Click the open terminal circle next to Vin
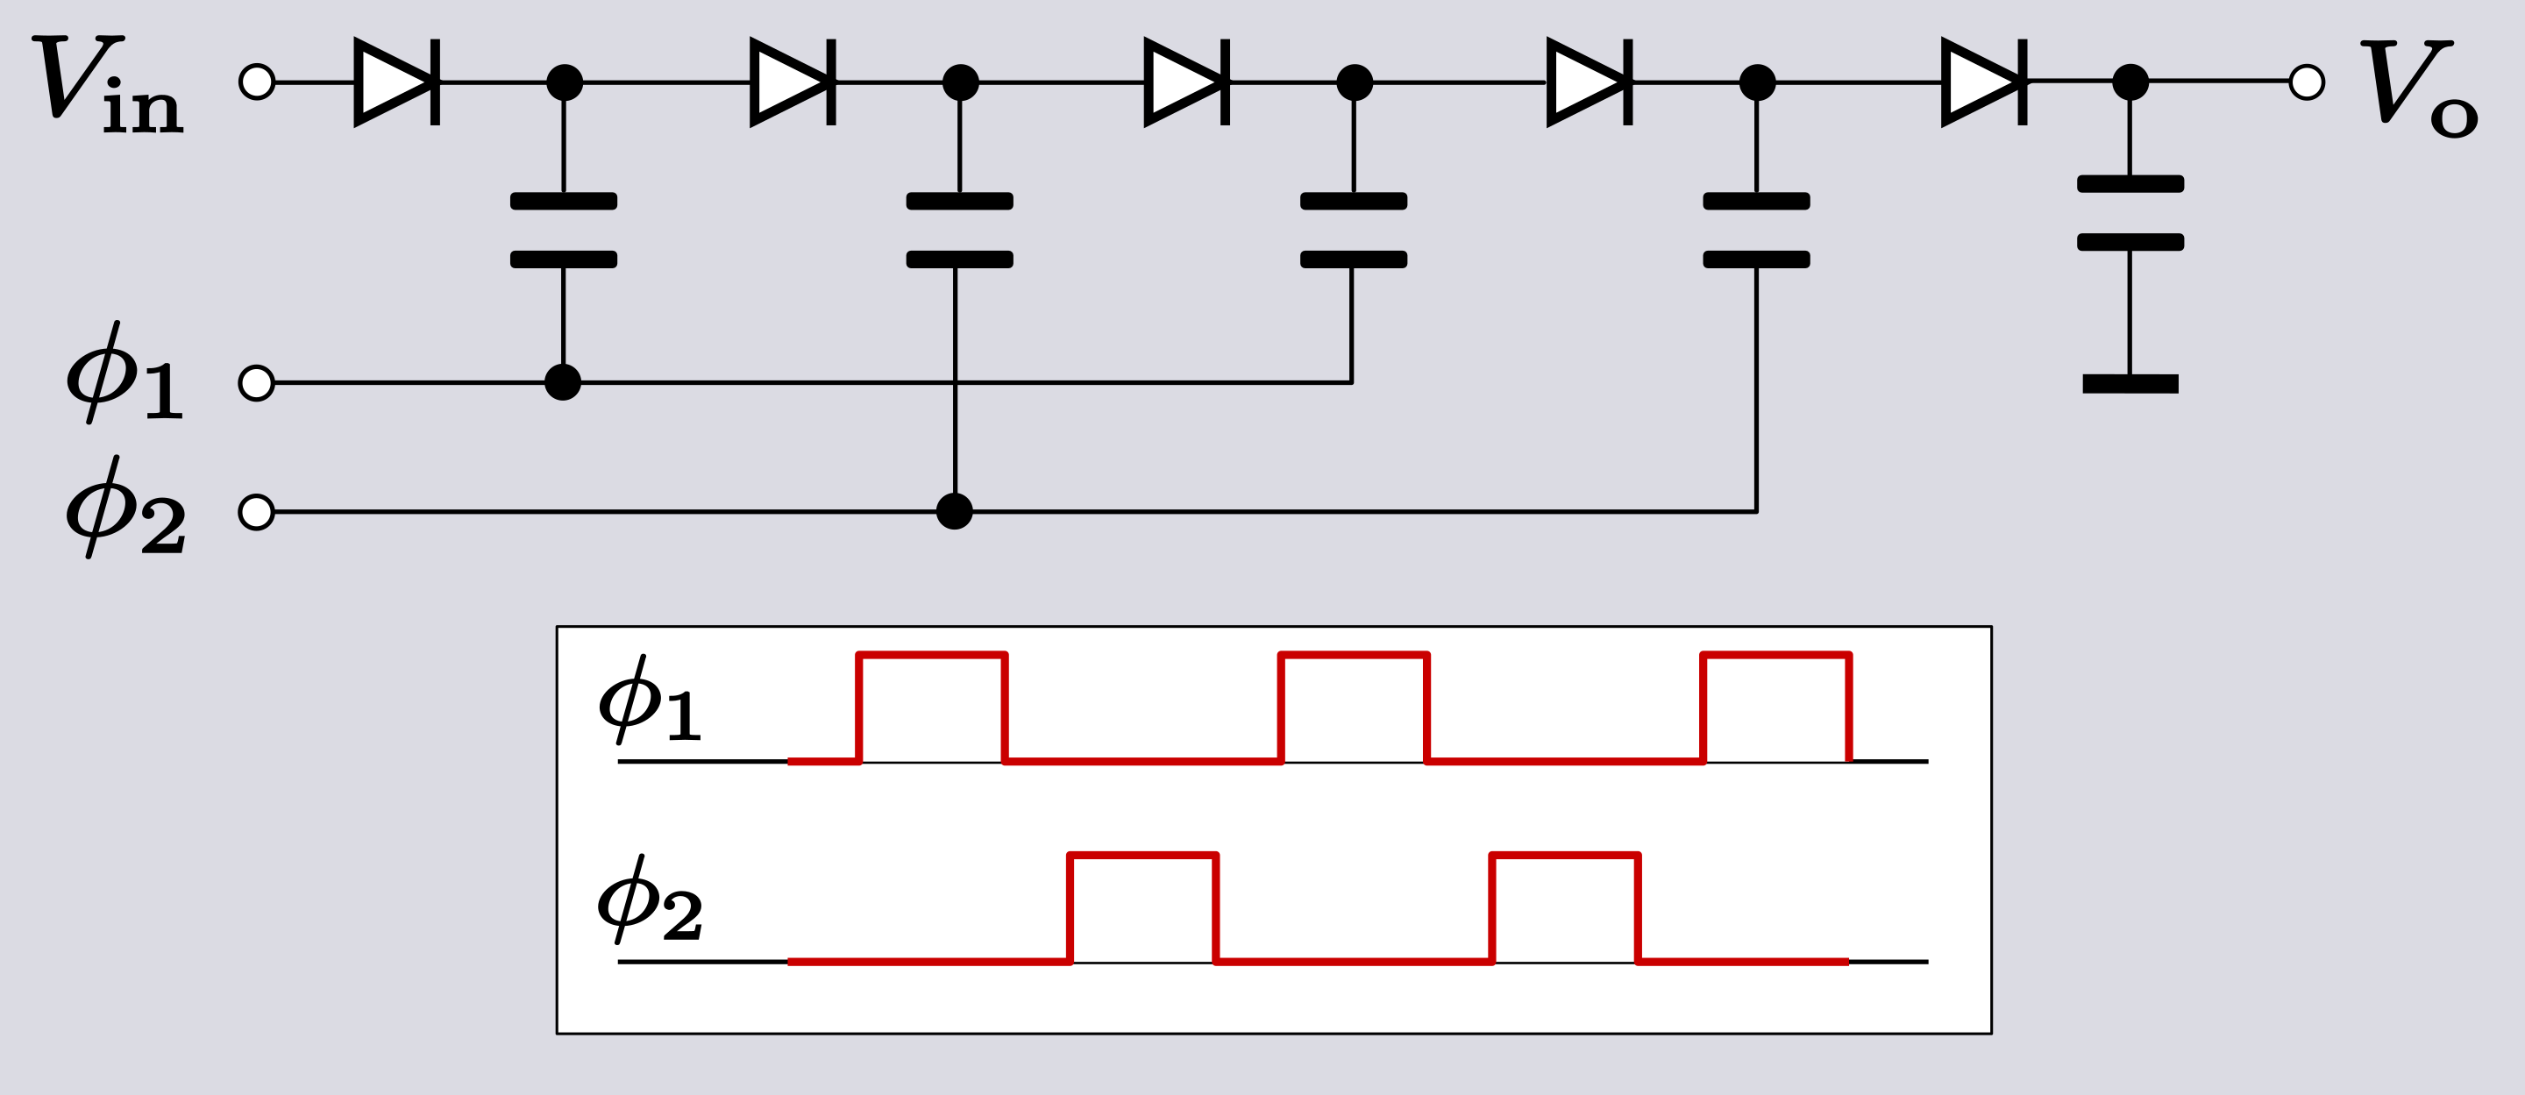pos(257,82)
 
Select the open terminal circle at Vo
pos(2307,82)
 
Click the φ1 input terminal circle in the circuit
pos(256,382)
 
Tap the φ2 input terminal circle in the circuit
pos(256,512)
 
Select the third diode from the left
pos(1187,82)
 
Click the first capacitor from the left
pos(564,231)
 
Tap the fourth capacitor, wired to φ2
pos(1756,231)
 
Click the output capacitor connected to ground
pos(2130,213)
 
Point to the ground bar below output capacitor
pos(2130,383)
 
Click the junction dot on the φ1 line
pos(563,382)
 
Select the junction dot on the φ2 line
pos(955,512)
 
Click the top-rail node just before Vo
pos(2130,82)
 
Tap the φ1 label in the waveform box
pos(649,700)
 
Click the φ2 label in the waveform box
pos(649,899)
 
